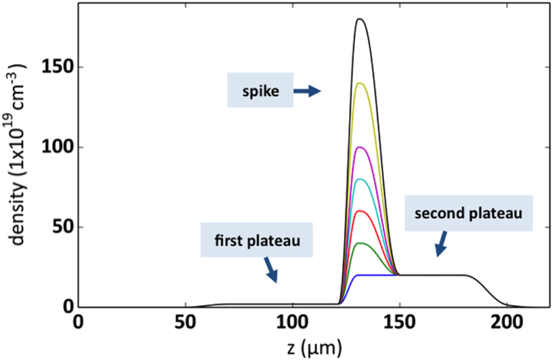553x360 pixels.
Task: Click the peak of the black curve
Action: (360, 19)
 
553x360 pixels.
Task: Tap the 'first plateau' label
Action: (255, 240)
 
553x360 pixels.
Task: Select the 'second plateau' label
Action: (469, 213)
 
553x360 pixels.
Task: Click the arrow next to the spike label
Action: (307, 90)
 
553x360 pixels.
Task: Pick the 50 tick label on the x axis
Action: (185, 322)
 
